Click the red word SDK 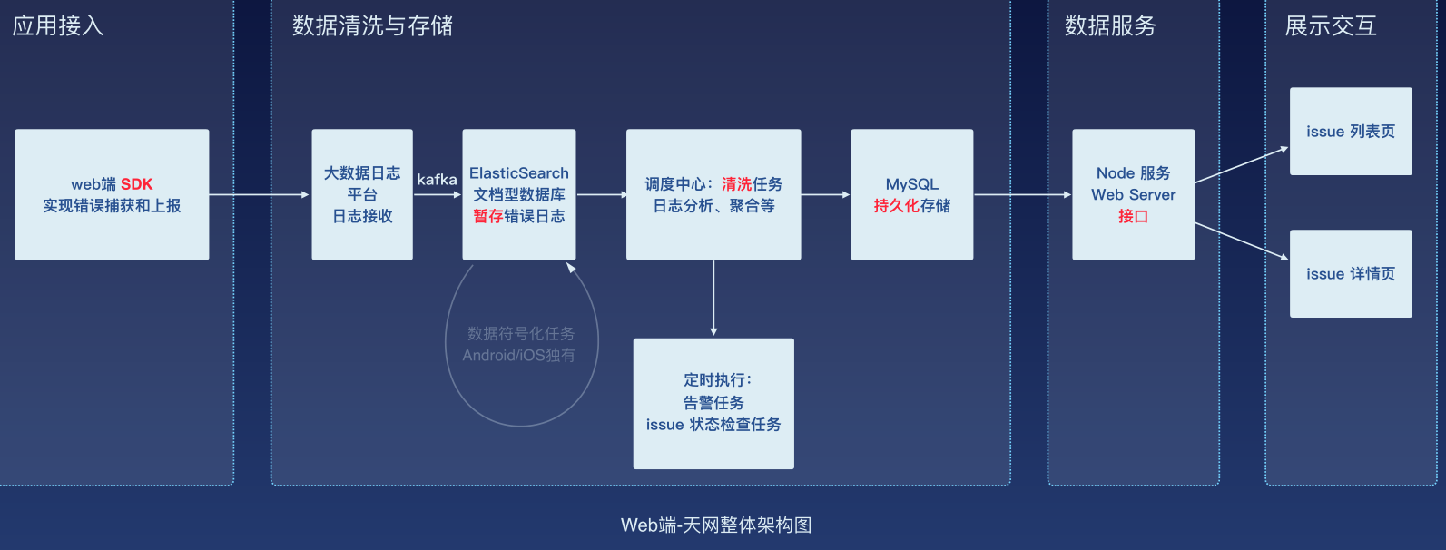[x=136, y=184]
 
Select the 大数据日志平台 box [x=361, y=194]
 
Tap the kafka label [x=437, y=180]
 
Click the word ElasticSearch [x=518, y=173]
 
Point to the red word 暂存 [x=488, y=216]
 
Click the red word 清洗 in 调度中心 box [x=736, y=184]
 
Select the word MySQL [x=911, y=184]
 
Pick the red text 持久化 [x=897, y=206]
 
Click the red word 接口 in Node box [x=1133, y=216]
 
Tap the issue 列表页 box [x=1350, y=131]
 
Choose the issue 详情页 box [x=1350, y=273]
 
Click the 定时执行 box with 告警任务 [x=713, y=403]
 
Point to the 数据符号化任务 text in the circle [x=521, y=334]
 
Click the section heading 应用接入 [x=58, y=25]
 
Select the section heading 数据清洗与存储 [x=372, y=25]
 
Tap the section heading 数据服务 [x=1110, y=25]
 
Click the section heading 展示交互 [x=1331, y=25]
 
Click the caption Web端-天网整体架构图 [x=715, y=525]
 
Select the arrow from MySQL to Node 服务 [x=1022, y=194]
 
